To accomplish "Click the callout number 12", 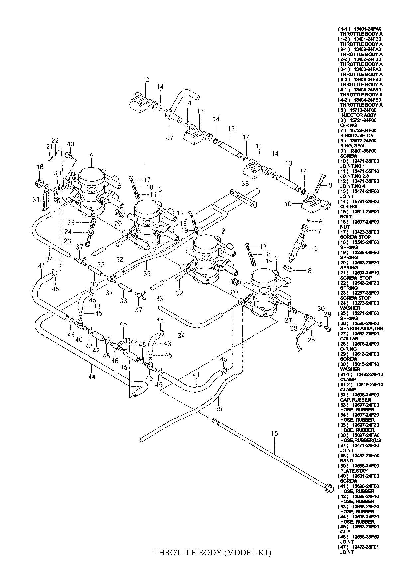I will pyautogui.click(x=146, y=80).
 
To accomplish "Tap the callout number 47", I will pyautogui.click(x=169, y=138).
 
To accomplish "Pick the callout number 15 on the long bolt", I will pyautogui.click(x=274, y=433).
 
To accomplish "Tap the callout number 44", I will pyautogui.click(x=92, y=377).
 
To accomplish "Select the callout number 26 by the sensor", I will pyautogui.click(x=311, y=340).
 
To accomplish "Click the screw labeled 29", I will pyautogui.click(x=327, y=329).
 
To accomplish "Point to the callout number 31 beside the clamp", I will pyautogui.click(x=36, y=199).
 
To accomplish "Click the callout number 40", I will pyautogui.click(x=71, y=144).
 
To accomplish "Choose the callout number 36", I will pyautogui.click(x=147, y=273).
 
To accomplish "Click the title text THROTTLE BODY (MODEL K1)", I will pyautogui.click(x=213, y=553).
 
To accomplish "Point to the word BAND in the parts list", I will pyautogui.click(x=347, y=461).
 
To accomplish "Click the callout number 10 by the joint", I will pyautogui.click(x=288, y=204).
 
